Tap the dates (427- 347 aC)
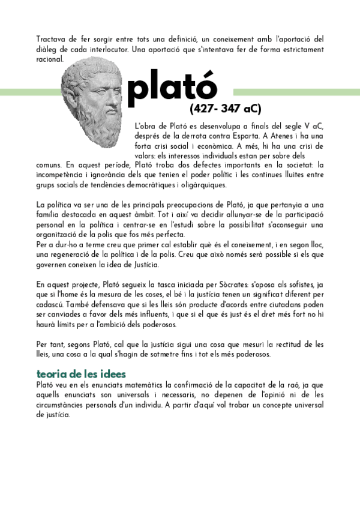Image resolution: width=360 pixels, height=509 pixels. tap(226, 109)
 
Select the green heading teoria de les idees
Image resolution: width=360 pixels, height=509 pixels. tap(77, 374)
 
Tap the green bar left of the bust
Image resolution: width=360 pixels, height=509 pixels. tap(30, 92)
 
